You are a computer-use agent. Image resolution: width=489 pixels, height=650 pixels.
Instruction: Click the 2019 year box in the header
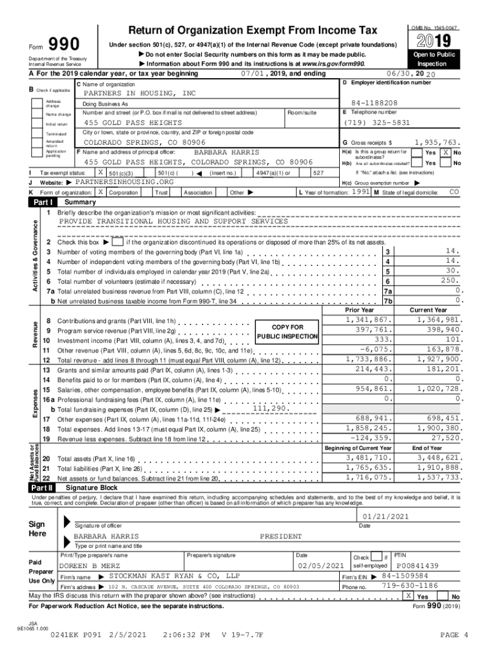(435, 41)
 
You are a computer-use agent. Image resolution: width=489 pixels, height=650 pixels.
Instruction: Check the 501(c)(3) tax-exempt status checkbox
(100, 172)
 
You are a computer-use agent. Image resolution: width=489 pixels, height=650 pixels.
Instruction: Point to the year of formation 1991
(361, 192)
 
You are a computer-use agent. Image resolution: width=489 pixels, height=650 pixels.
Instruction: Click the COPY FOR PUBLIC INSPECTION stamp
(287, 331)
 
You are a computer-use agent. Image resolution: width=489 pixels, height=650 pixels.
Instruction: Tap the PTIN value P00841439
(417, 566)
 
